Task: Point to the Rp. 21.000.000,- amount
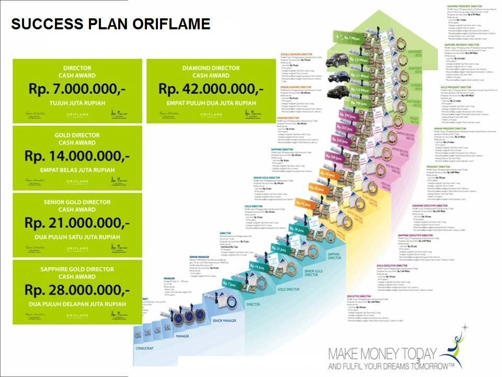77,223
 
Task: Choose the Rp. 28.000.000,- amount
77,290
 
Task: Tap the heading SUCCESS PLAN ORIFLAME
110,24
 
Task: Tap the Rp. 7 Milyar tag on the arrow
354,38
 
